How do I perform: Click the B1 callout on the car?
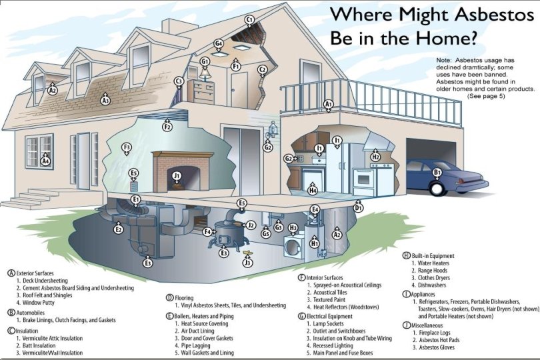pos(438,173)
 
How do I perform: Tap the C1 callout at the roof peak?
pos(250,20)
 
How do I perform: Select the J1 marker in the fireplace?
pos(177,176)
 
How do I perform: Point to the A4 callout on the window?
pos(45,161)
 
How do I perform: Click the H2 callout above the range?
pos(375,157)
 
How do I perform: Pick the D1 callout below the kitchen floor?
pos(358,208)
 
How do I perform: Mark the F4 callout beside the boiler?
pos(208,231)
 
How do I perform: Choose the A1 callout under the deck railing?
pos(328,104)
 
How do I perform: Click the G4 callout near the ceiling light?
pos(218,44)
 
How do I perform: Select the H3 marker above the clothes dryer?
pos(293,228)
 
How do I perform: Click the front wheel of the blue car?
pos(437,189)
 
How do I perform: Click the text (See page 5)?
pos(486,96)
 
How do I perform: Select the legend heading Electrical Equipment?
pos(335,316)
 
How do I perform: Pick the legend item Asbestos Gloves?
pos(436,347)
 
